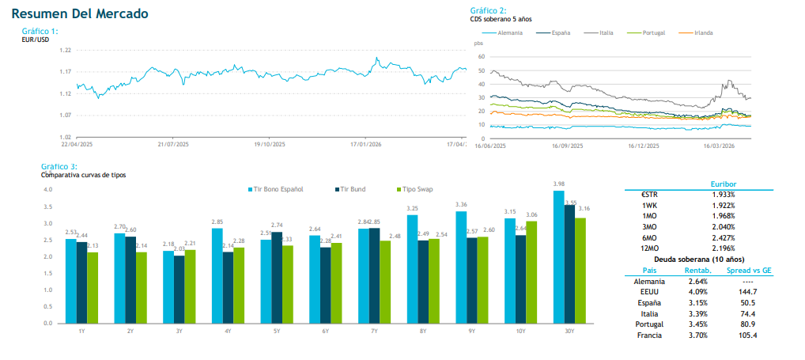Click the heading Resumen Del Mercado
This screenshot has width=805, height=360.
point(80,14)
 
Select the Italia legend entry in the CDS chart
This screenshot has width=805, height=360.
point(606,32)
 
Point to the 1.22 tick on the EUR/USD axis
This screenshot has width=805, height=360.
point(66,50)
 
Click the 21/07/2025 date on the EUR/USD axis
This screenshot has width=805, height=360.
point(173,144)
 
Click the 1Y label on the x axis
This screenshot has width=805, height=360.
point(81,330)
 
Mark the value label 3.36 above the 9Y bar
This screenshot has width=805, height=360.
point(461,205)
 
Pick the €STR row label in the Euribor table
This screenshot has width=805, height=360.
point(649,194)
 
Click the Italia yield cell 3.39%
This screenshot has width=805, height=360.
point(697,313)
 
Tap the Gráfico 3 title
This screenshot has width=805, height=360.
point(59,167)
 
